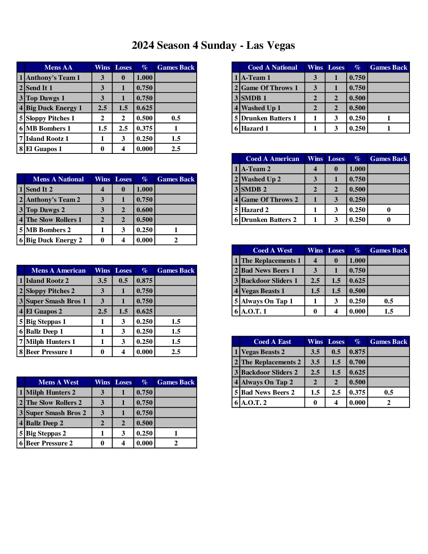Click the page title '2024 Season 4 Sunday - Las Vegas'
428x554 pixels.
click(213, 46)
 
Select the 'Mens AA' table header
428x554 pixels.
click(58, 67)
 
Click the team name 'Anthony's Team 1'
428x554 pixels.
click(53, 78)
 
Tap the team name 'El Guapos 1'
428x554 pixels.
click(44, 149)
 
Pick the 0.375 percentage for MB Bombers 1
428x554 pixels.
click(144, 128)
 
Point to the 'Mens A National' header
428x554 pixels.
click(58, 179)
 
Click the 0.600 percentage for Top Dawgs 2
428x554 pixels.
click(144, 210)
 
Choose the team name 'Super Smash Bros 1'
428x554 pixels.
click(56, 301)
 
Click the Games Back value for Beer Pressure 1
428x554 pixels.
click(176, 352)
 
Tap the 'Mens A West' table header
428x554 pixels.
click(58, 382)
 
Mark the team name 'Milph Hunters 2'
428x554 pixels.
click(51, 392)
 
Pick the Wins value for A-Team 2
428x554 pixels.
click(315, 169)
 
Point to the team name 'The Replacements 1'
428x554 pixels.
click(271, 260)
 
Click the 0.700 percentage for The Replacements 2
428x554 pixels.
click(357, 362)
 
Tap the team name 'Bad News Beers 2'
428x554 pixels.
click(268, 392)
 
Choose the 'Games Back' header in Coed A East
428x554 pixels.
click(389, 342)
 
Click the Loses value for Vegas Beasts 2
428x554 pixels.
click(336, 352)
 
